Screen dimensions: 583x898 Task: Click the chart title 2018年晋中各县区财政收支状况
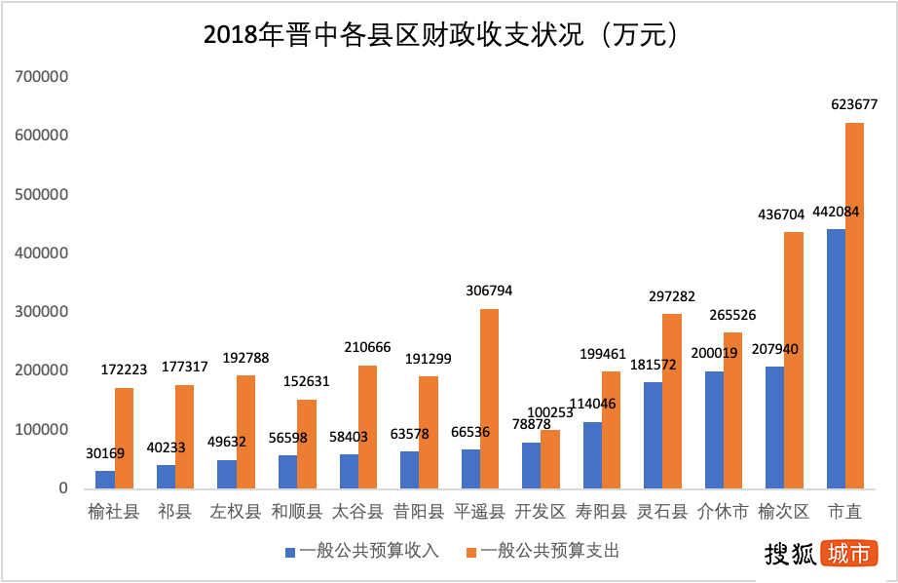(x=441, y=35)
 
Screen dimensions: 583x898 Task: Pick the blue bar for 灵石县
(x=653, y=435)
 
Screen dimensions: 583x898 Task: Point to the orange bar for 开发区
(x=550, y=458)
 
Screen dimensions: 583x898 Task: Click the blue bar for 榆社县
(x=104, y=479)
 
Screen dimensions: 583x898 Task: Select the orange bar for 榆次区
(x=794, y=360)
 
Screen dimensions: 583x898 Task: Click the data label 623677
(x=854, y=104)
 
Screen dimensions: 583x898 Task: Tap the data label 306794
(x=489, y=291)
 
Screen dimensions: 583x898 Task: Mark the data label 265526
(x=732, y=315)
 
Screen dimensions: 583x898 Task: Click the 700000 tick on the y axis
(x=40, y=76)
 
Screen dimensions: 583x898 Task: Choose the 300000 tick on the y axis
(x=40, y=312)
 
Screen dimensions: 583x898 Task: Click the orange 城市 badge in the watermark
(x=848, y=554)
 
